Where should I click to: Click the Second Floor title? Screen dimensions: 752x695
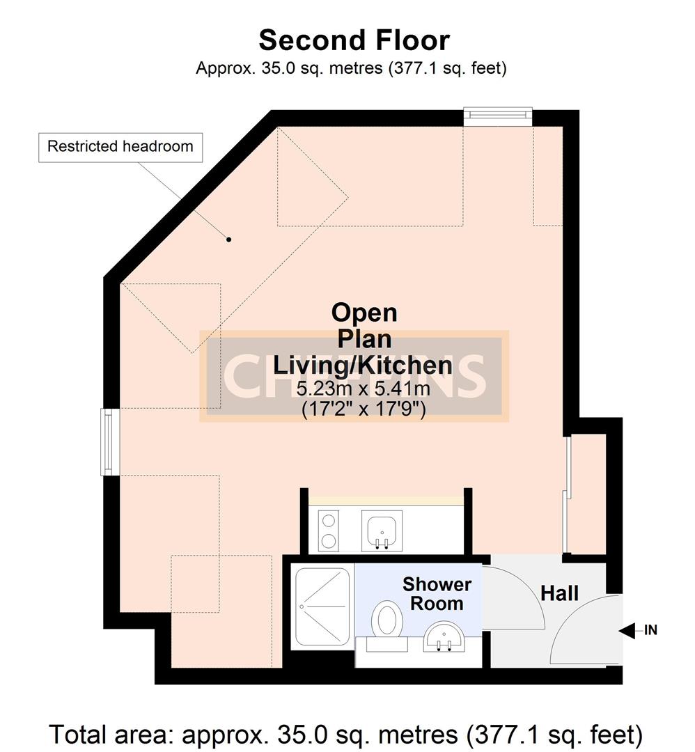point(354,40)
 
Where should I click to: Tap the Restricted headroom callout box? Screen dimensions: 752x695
point(120,147)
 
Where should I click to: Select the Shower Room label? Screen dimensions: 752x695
point(437,594)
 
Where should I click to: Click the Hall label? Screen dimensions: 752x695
point(560,593)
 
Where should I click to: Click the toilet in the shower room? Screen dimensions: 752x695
point(386,620)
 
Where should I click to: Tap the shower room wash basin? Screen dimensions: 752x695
point(444,635)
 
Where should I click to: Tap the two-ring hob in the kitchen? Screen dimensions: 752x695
point(328,530)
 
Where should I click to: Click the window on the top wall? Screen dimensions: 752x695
point(498,116)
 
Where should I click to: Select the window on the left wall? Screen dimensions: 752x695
point(109,442)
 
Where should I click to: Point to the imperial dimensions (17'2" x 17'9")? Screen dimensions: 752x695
point(363,409)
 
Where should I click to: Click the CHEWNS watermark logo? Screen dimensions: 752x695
point(355,376)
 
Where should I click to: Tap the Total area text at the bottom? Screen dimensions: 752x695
point(346,733)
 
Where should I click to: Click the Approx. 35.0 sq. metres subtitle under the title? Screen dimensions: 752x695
point(351,68)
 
